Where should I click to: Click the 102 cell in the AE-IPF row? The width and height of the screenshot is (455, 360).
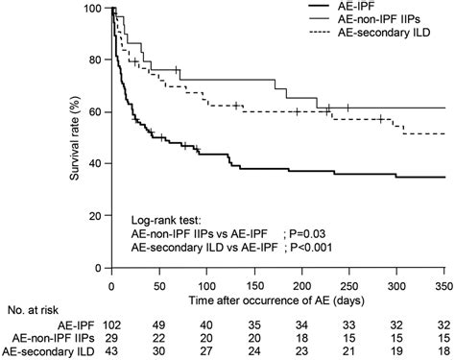pyautogui.click(x=112, y=326)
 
